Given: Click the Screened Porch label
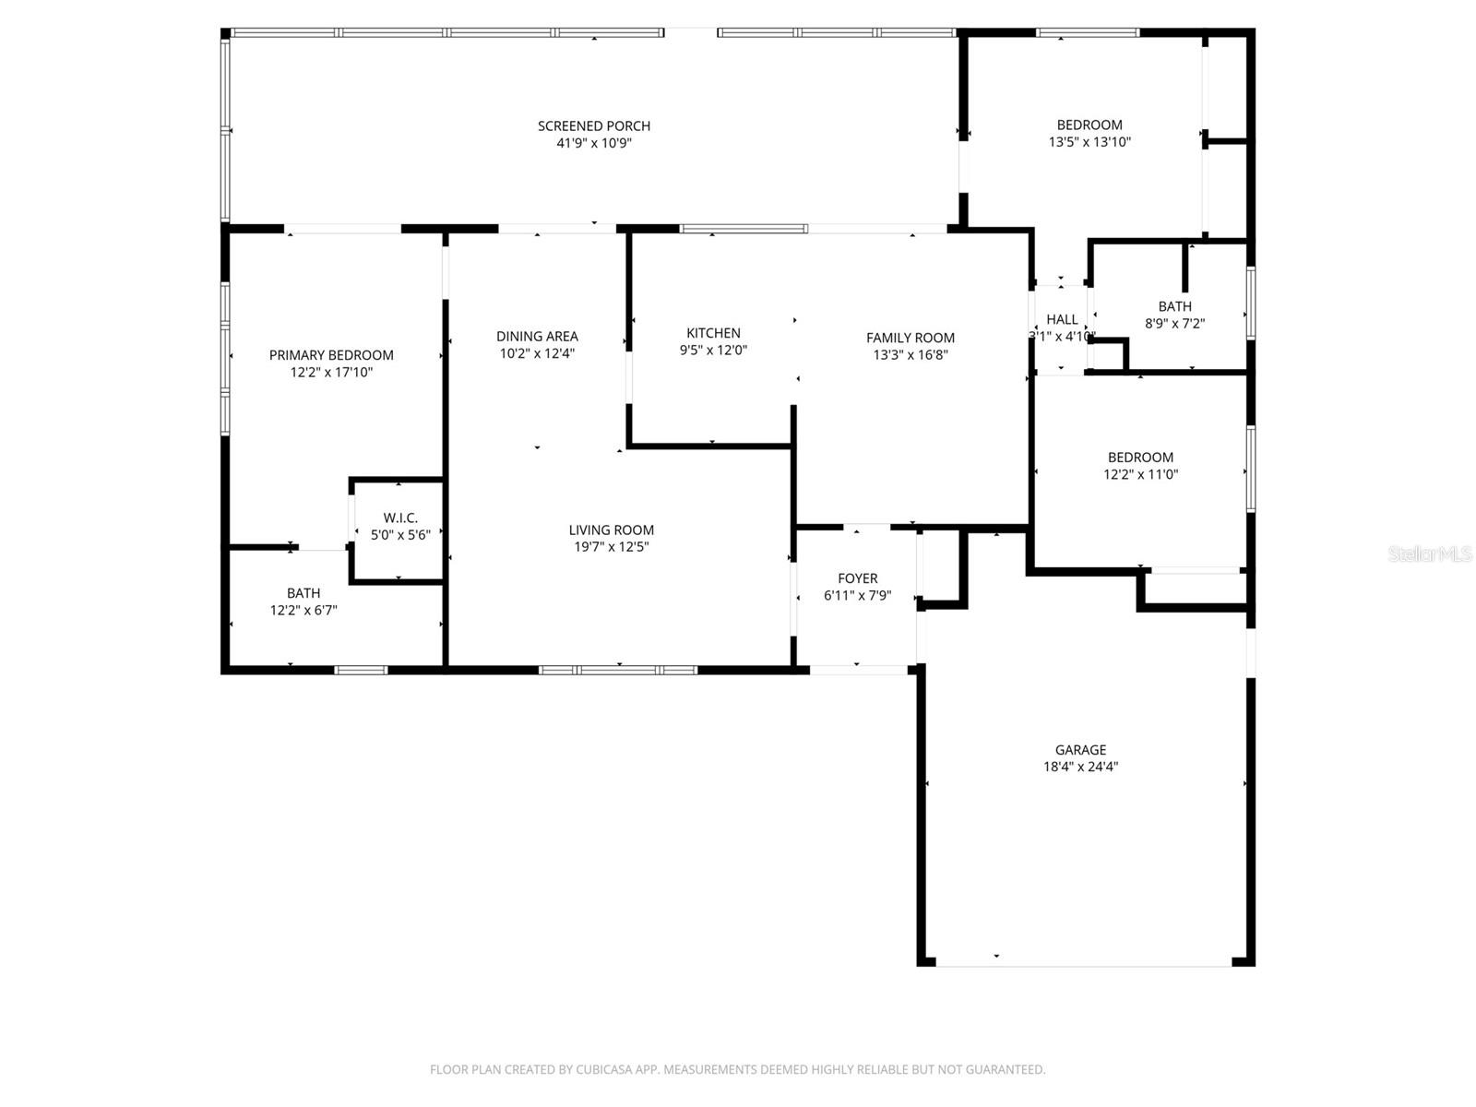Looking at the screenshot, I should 594,125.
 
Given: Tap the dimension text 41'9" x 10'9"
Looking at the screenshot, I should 594,143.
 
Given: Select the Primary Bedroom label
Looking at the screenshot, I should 331,355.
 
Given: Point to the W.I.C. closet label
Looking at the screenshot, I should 400,518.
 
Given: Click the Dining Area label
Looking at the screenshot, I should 537,337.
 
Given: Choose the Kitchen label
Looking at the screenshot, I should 713,333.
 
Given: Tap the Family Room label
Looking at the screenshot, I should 911,338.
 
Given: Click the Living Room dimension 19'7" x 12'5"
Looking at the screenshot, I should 611,547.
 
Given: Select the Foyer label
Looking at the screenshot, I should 858,578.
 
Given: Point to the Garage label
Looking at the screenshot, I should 1080,750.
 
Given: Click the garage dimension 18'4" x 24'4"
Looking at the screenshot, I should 1080,767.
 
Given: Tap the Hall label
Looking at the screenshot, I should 1062,319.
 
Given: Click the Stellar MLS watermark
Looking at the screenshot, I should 1430,553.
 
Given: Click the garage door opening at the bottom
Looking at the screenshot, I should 1084,965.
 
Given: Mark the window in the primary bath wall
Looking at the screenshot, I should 361,670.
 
